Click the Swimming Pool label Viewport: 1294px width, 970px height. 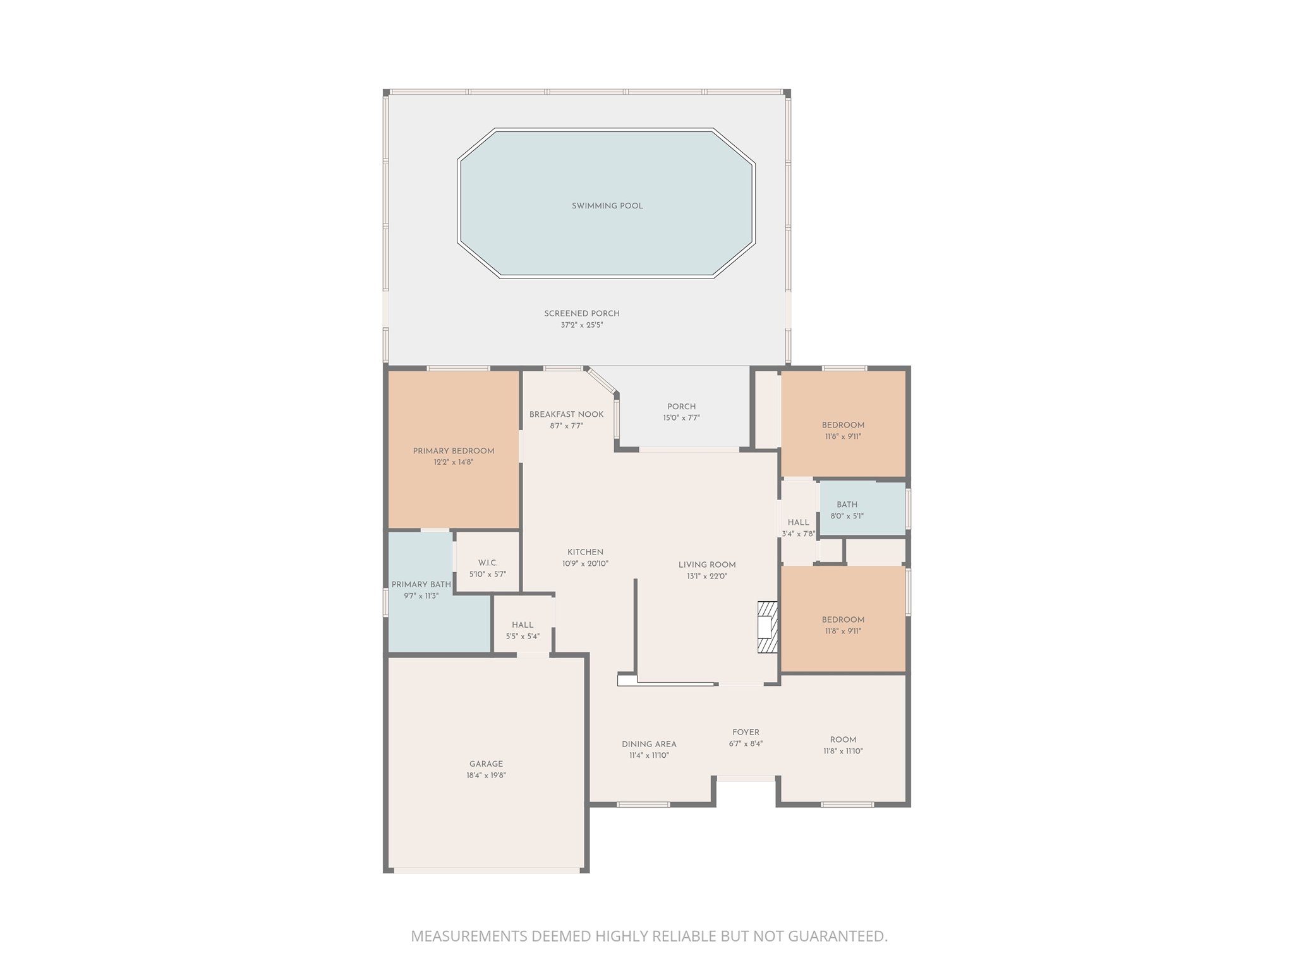tap(607, 206)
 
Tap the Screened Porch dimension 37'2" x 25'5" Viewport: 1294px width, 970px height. tap(582, 325)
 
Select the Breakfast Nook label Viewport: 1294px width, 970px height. tap(566, 414)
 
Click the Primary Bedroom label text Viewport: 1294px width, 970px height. tap(454, 451)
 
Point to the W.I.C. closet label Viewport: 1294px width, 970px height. tap(488, 563)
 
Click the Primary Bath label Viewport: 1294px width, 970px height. tap(421, 585)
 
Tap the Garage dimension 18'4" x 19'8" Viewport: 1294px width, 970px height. tap(486, 775)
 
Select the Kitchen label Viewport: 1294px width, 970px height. tap(585, 552)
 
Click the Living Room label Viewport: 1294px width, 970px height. tap(707, 565)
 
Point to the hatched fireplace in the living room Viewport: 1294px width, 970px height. tap(767, 627)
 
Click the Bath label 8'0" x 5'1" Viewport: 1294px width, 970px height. tap(847, 505)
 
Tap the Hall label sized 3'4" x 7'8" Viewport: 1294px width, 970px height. tap(799, 522)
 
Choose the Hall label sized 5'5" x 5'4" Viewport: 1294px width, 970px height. tap(523, 625)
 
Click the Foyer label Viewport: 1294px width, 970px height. tap(746, 733)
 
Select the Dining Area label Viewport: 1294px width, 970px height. tap(649, 744)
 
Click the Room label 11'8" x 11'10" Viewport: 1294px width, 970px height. tap(843, 739)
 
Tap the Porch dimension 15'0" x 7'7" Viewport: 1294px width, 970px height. tap(681, 418)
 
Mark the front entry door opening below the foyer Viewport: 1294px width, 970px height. tap(746, 779)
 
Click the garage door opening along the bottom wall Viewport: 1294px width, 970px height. tap(487, 870)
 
